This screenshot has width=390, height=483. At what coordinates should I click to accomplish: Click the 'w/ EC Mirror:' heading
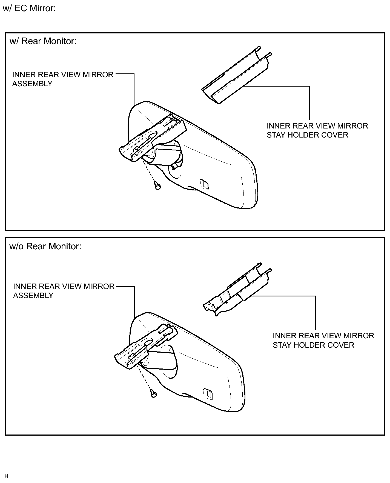[29, 8]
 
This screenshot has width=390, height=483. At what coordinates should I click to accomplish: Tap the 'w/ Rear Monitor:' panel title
[43, 41]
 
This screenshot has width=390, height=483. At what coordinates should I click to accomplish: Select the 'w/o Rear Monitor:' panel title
[45, 247]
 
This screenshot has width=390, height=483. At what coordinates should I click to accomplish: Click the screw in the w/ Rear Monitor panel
[157, 186]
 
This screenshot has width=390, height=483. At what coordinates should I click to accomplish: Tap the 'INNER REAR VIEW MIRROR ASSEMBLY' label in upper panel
[63, 79]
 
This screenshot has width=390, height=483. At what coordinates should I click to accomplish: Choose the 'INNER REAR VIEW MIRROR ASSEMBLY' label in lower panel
[64, 291]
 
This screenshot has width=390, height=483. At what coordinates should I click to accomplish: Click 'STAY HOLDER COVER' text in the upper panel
[308, 135]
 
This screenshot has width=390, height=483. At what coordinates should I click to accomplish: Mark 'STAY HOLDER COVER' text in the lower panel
[314, 345]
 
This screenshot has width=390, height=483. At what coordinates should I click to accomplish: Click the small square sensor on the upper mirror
[204, 184]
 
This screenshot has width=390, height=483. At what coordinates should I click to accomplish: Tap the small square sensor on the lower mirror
[208, 393]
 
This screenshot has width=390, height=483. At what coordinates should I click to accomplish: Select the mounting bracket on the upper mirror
[152, 138]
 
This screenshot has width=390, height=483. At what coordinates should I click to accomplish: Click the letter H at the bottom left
[7, 476]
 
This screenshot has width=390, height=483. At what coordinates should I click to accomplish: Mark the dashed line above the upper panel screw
[149, 171]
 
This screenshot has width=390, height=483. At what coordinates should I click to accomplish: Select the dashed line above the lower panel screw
[145, 378]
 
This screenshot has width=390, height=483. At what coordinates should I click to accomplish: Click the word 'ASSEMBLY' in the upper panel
[32, 84]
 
